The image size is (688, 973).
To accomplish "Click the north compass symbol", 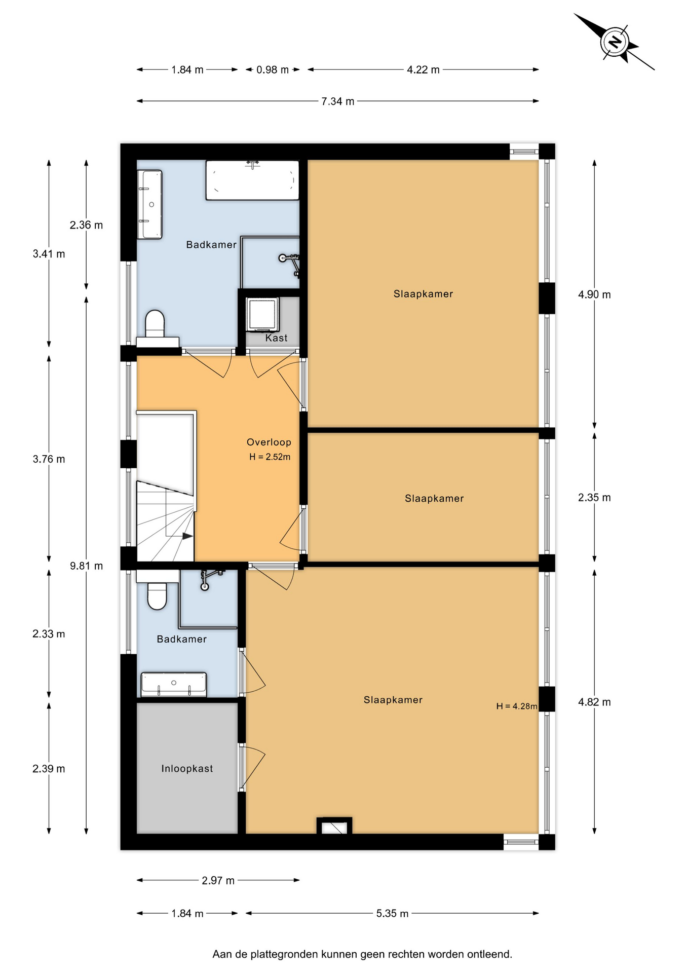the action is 615,42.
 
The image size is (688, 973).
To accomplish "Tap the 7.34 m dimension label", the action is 338,101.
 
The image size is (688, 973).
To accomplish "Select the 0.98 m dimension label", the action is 273,70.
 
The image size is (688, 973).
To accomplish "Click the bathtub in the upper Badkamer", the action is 252,180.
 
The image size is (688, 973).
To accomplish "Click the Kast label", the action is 277,338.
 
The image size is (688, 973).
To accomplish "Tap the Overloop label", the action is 269,442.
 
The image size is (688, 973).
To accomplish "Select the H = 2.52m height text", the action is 270,457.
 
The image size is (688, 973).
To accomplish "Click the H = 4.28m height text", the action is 517,706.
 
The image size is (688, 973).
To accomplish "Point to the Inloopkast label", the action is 187,769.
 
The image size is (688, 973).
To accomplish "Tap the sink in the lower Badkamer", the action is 174,684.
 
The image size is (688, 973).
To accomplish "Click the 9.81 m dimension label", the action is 87,566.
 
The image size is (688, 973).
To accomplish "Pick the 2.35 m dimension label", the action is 595,498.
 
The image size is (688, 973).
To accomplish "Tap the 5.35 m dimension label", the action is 393,914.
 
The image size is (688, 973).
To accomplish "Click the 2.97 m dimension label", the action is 218,881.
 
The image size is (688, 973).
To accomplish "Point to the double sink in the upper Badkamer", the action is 150,204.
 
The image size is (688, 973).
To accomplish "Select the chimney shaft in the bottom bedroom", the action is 334,826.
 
